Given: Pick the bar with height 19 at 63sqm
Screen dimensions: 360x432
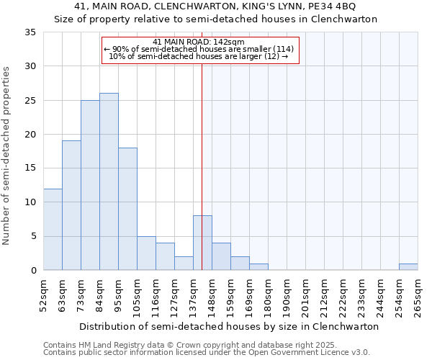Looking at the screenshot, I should click(x=71, y=205).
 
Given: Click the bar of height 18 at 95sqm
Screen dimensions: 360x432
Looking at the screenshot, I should click(x=127, y=209).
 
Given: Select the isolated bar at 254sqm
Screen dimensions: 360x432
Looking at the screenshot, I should click(x=408, y=267).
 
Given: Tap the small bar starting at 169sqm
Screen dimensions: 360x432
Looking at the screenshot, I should click(x=258, y=267).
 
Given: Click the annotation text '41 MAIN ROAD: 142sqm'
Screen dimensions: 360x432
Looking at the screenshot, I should click(x=199, y=42).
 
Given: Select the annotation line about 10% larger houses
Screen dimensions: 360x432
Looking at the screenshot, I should click(x=199, y=57).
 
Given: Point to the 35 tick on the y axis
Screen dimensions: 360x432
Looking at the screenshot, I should click(x=30, y=32).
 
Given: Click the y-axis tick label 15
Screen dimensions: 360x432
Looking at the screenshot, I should click(x=30, y=168).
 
